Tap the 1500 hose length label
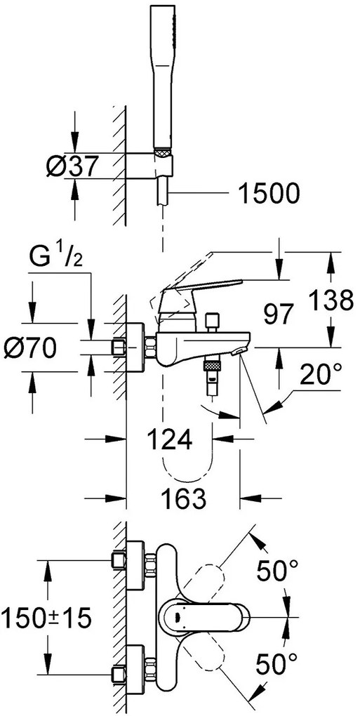[x=269, y=194]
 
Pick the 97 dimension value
[x=278, y=316]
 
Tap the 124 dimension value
[x=170, y=440]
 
